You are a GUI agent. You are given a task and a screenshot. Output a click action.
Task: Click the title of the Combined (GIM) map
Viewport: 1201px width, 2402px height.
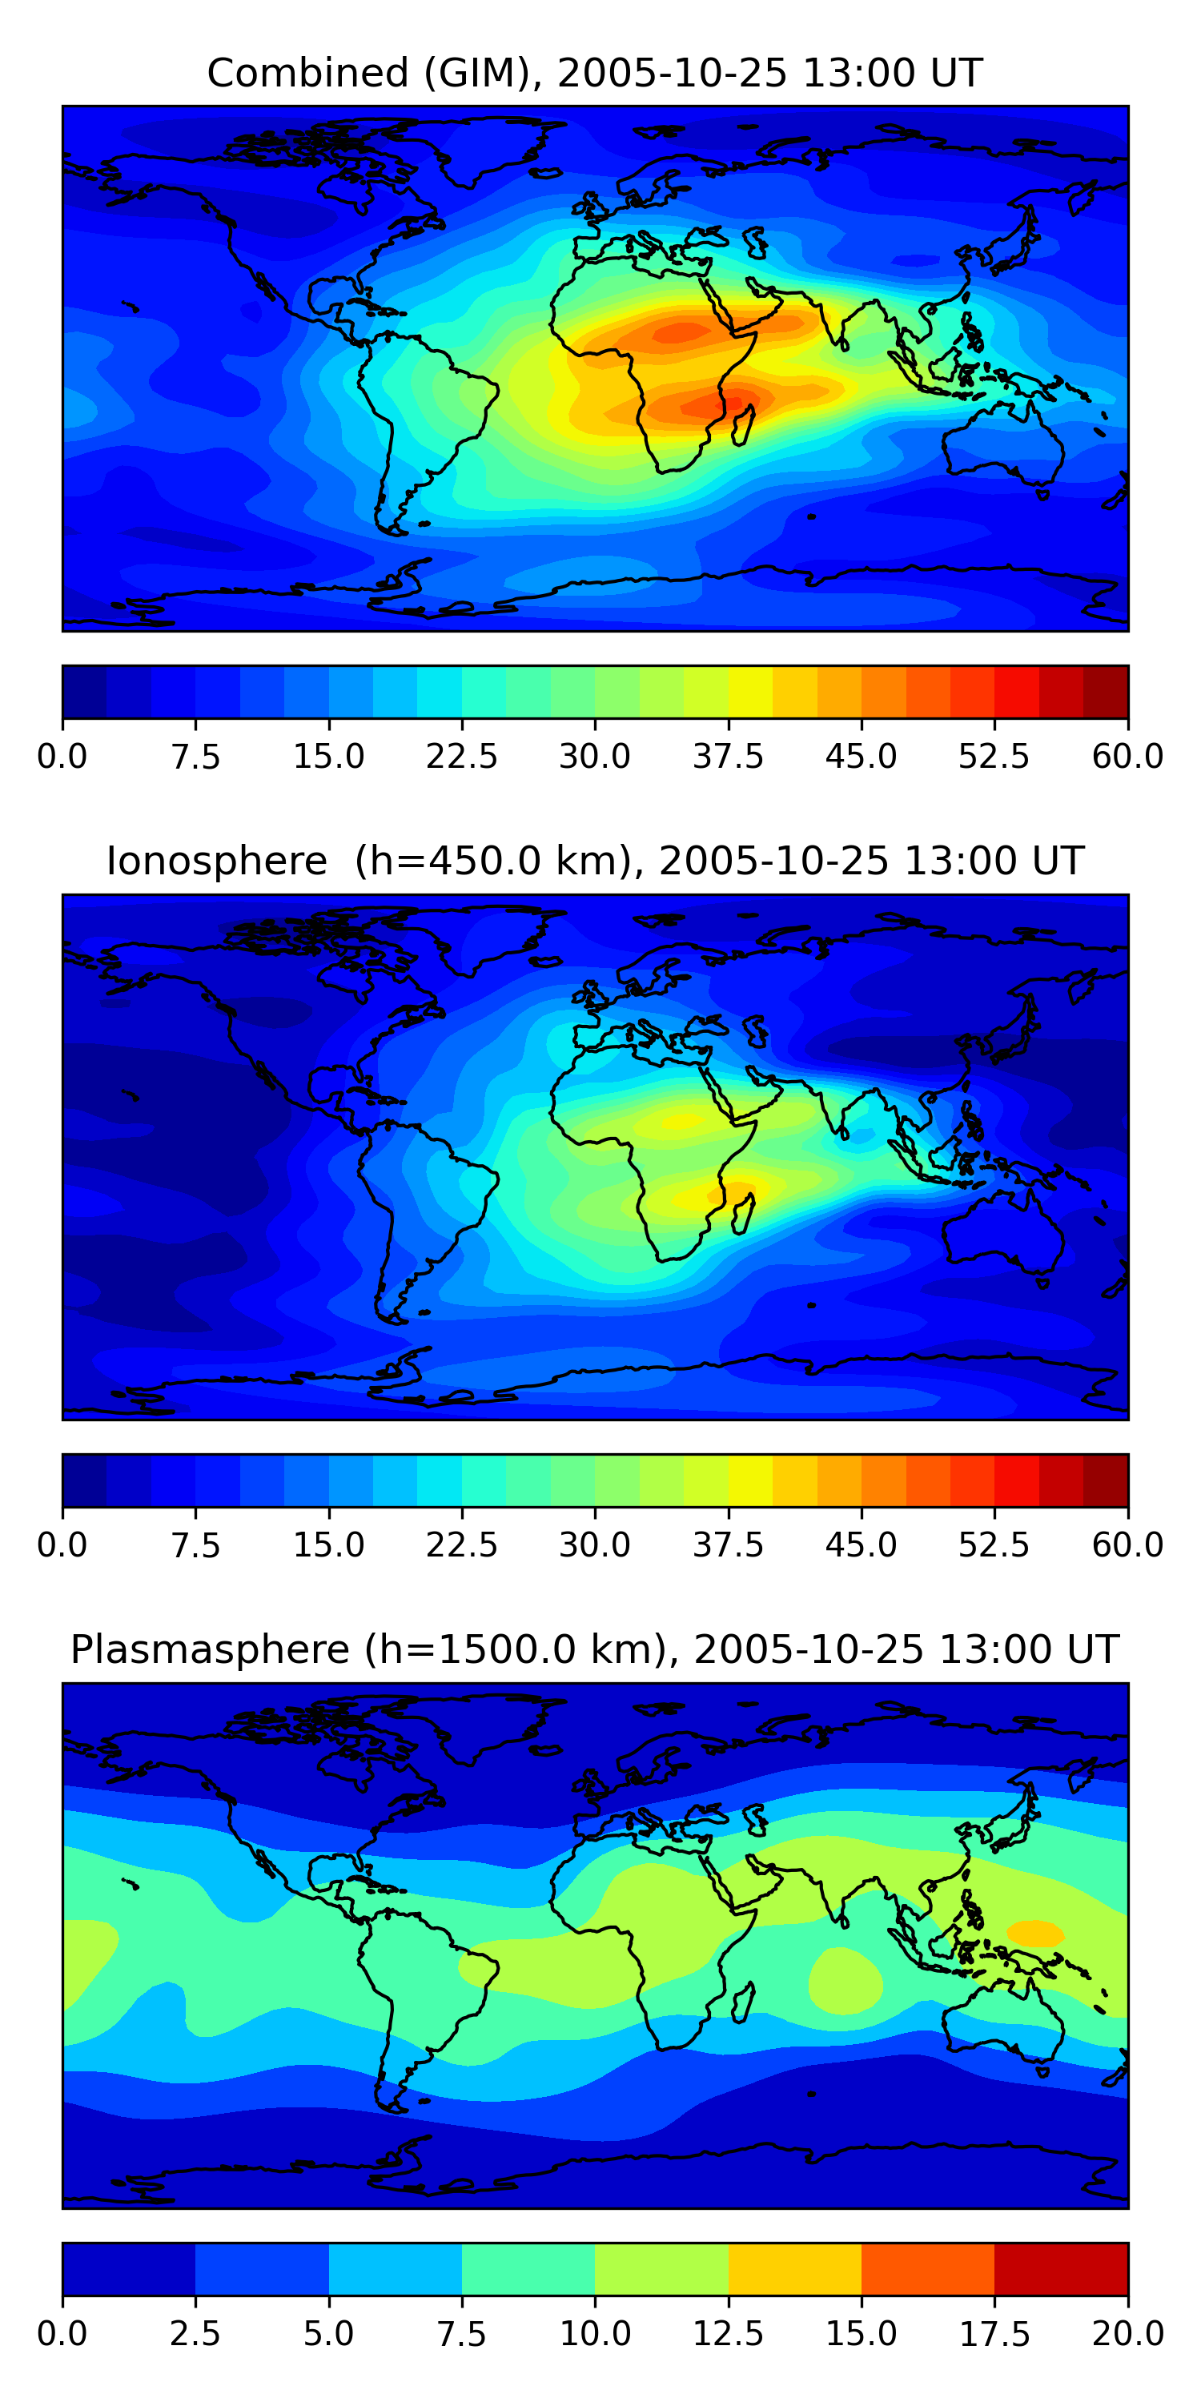click(x=595, y=73)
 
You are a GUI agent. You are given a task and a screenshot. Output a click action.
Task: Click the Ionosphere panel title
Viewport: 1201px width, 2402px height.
click(x=595, y=861)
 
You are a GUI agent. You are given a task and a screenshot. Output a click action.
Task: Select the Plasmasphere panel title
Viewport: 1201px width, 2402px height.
click(x=595, y=1649)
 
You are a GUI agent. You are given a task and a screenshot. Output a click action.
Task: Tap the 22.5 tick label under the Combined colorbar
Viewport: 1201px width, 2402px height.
click(x=461, y=756)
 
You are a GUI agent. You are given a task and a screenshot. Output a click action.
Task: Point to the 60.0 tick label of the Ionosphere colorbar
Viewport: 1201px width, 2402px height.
click(x=1127, y=1545)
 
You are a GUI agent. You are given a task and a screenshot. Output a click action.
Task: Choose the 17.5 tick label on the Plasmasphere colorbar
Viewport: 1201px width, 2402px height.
click(x=994, y=2334)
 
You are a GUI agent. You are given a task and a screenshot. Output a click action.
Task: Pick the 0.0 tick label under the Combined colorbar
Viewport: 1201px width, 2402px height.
click(x=62, y=756)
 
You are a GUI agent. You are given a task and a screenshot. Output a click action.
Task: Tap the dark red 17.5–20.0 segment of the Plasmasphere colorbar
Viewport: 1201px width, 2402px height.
click(x=1061, y=2268)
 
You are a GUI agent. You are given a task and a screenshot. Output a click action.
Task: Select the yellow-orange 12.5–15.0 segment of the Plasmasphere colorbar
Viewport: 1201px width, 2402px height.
click(x=794, y=2268)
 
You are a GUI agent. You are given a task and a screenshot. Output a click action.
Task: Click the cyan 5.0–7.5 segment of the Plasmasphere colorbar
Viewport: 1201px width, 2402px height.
click(x=396, y=2268)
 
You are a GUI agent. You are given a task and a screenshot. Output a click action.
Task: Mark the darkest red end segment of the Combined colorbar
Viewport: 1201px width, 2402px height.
click(x=1106, y=692)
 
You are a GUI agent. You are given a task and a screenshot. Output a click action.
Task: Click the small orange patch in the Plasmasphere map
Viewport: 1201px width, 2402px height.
click(x=1035, y=1933)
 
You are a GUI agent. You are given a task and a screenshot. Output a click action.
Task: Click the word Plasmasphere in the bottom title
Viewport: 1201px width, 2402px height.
click(x=210, y=1649)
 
